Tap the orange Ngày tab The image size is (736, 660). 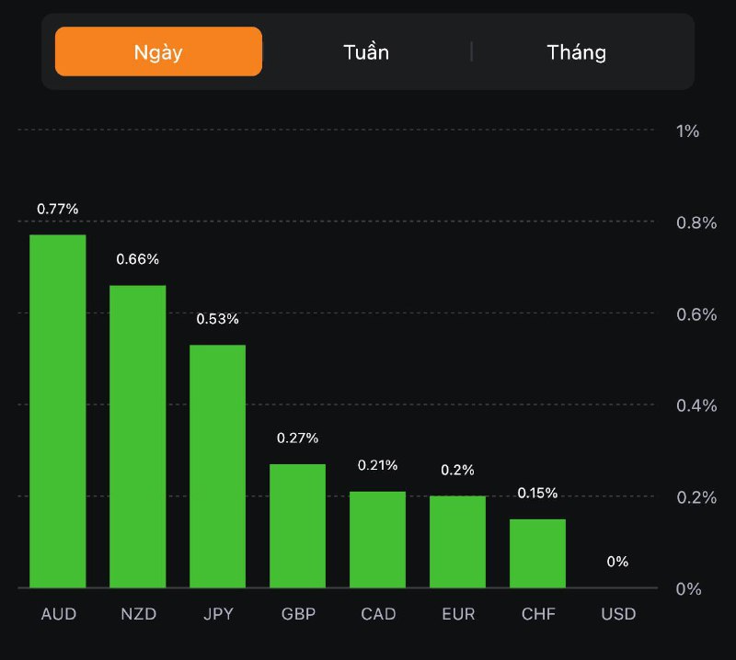pos(158,51)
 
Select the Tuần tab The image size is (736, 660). pos(366,51)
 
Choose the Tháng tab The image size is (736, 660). pos(577,51)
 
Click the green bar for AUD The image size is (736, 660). pos(58,411)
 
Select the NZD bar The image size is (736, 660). pos(138,436)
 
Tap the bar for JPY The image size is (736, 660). pos(218,466)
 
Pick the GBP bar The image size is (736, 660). pos(297,526)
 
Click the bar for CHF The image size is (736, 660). pos(537,553)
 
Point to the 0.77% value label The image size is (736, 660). pos(58,209)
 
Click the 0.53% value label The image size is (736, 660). pos(218,319)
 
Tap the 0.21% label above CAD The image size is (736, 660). pos(378,465)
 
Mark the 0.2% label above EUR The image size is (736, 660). pos(457,470)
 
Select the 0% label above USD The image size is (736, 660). pos(617,562)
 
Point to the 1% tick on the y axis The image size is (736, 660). pos(687,131)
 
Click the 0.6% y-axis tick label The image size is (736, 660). pos(696,314)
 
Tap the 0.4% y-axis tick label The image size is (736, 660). pos(696,405)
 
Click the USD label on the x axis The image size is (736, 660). pos(617,614)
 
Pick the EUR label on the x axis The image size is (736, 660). pos(457,614)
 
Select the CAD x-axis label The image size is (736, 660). pos(378,614)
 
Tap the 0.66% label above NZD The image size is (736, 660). pos(138,259)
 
